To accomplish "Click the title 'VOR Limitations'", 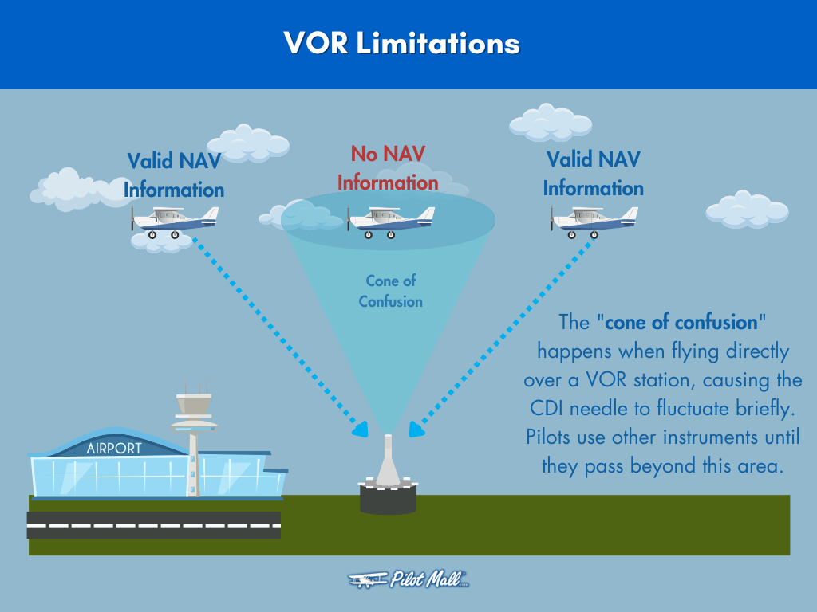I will [401, 43].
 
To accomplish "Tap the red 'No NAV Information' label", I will [388, 168].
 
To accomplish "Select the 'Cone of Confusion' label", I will [390, 291].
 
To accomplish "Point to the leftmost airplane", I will [175, 221].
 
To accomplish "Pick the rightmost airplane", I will [594, 221].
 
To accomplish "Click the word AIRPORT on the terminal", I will [113, 448].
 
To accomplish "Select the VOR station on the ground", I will [388, 478].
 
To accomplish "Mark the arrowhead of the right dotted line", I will [415, 430].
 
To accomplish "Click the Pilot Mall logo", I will [408, 580].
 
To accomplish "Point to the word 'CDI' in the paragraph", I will [550, 408].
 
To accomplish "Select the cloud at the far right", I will [747, 209].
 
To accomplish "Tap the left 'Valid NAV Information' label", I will [174, 175].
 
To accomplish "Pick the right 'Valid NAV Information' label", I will [594, 174].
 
